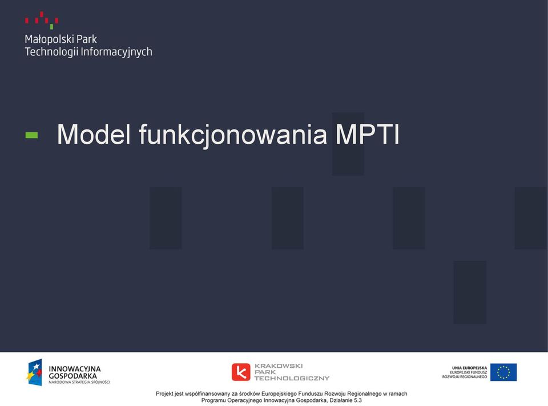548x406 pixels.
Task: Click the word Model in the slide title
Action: (x=94, y=134)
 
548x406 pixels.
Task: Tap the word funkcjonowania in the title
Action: (x=233, y=136)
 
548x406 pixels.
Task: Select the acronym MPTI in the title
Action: (x=367, y=134)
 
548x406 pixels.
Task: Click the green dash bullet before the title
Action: (x=31, y=136)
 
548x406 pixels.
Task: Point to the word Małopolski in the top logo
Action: (x=49, y=39)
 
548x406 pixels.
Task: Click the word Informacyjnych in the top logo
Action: (x=116, y=52)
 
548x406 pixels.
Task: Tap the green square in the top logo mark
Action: (x=51, y=27)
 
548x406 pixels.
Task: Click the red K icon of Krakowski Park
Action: (x=241, y=372)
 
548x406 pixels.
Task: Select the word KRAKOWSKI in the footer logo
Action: (x=279, y=366)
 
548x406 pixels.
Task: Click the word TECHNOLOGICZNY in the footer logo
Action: (x=292, y=378)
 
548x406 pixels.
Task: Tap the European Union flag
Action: (x=503, y=372)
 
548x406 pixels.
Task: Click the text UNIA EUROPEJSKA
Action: (x=469, y=368)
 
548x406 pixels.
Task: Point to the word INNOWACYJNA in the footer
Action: (x=74, y=369)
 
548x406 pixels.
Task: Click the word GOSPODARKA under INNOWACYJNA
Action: (x=72, y=376)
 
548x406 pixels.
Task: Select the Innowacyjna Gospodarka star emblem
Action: (x=34, y=372)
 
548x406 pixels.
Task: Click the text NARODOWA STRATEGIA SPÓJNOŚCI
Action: (x=79, y=382)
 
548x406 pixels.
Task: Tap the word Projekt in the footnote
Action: (x=164, y=394)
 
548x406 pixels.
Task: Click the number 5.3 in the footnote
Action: (x=358, y=400)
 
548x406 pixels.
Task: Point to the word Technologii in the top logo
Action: (x=52, y=52)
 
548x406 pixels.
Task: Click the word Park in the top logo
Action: (x=86, y=39)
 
